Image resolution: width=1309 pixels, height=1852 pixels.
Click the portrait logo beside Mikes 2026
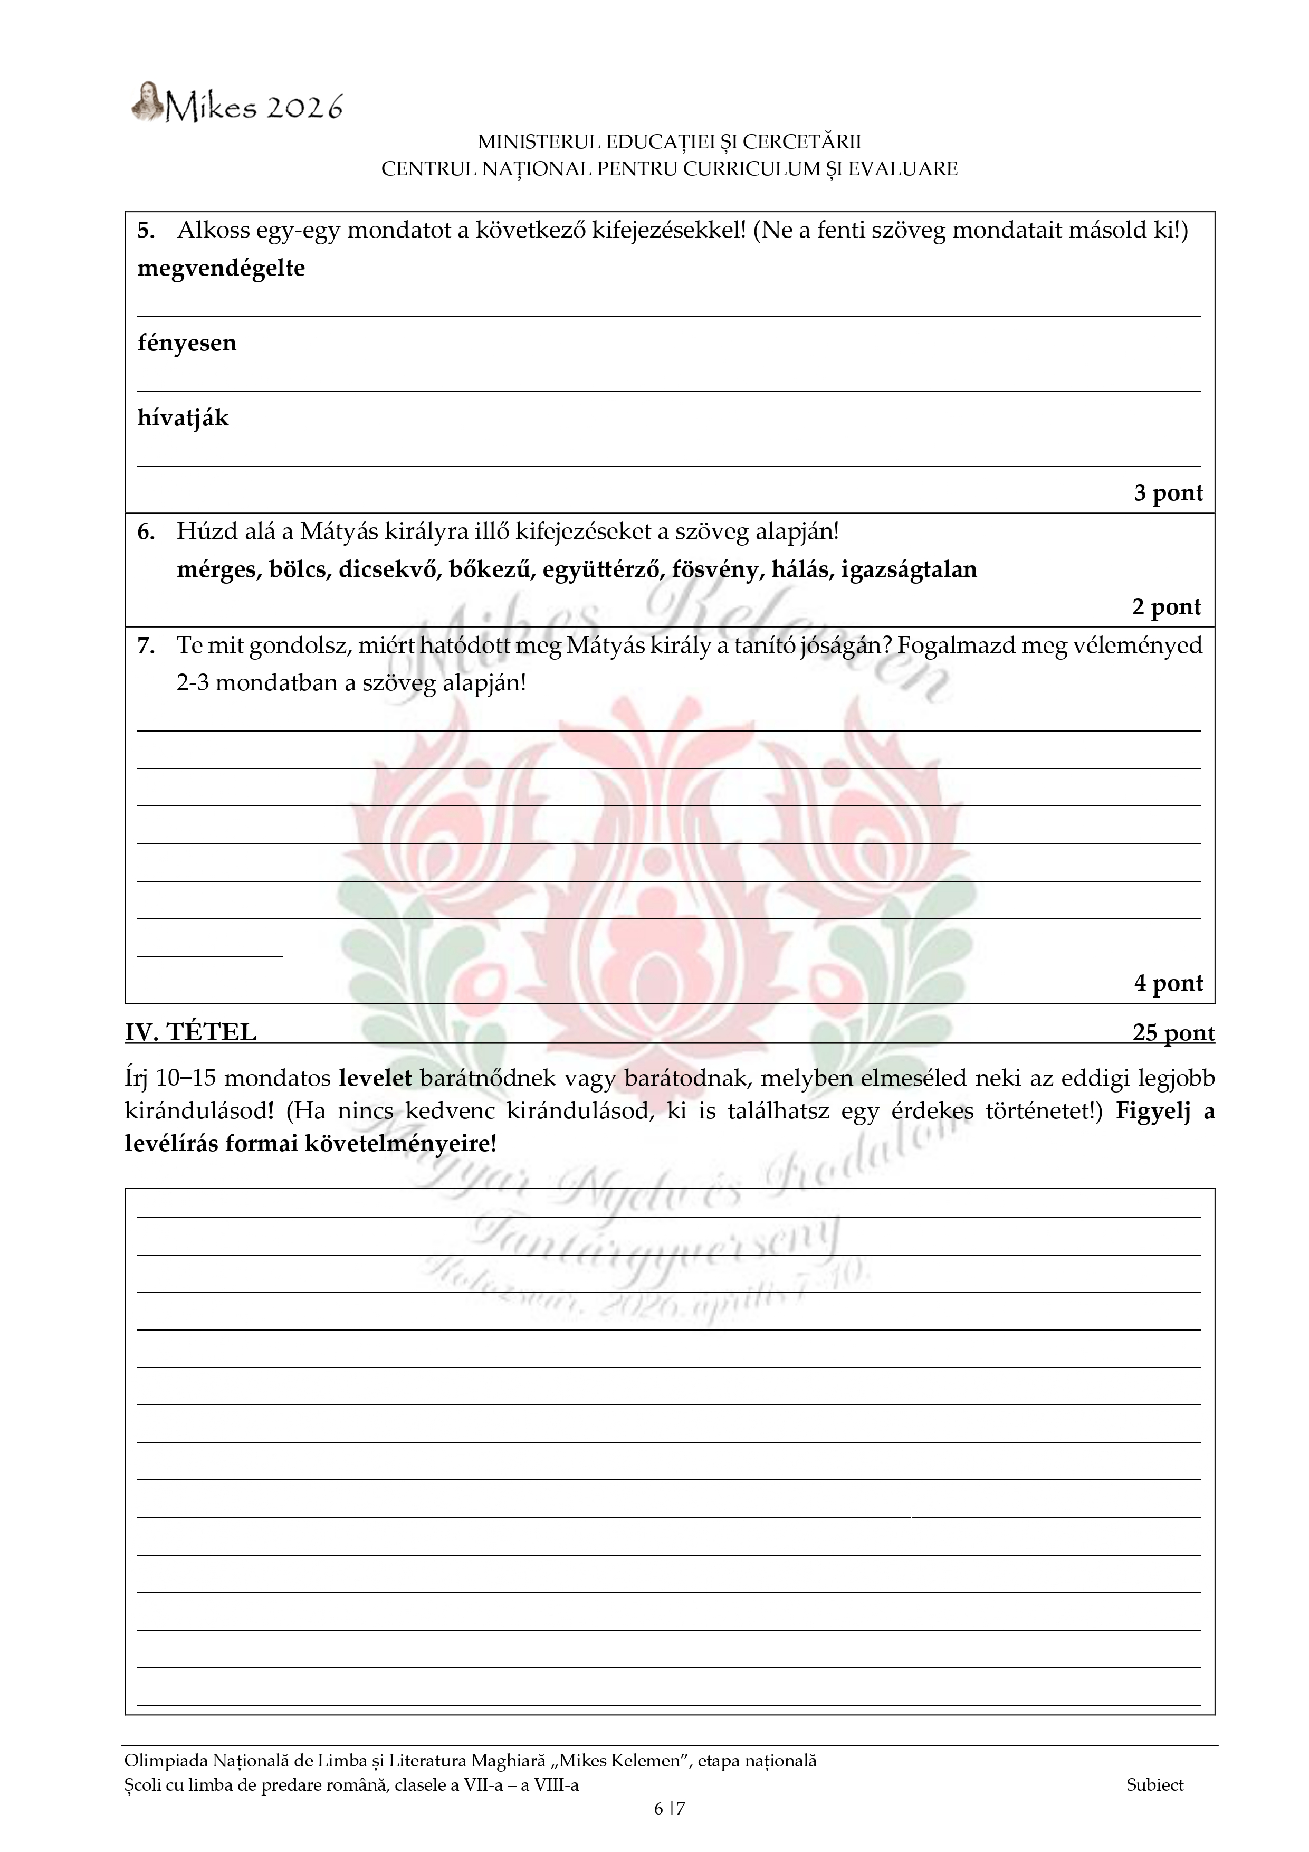(x=146, y=102)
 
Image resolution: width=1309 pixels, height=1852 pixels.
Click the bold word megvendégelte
(x=221, y=269)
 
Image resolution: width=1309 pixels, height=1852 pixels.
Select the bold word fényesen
(x=187, y=344)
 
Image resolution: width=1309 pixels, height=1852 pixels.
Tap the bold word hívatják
(x=183, y=419)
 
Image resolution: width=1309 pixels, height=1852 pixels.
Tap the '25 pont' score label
(x=1173, y=1033)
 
